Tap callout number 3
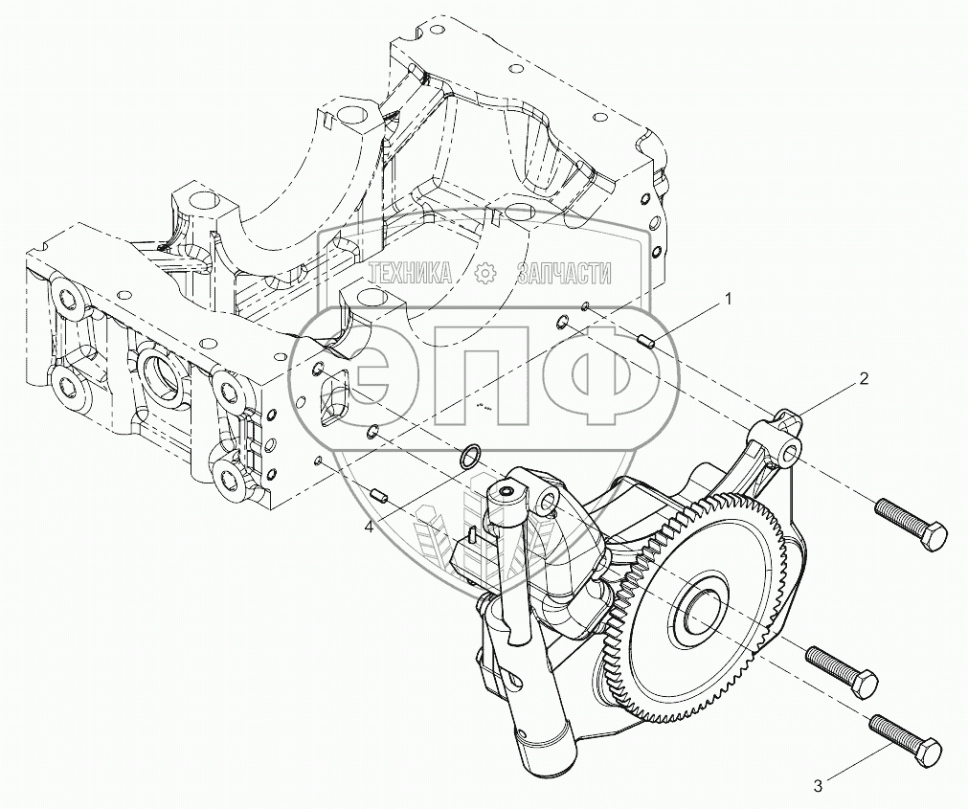click(818, 786)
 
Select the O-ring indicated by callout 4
click(468, 456)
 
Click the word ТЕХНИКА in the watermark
click(412, 275)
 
